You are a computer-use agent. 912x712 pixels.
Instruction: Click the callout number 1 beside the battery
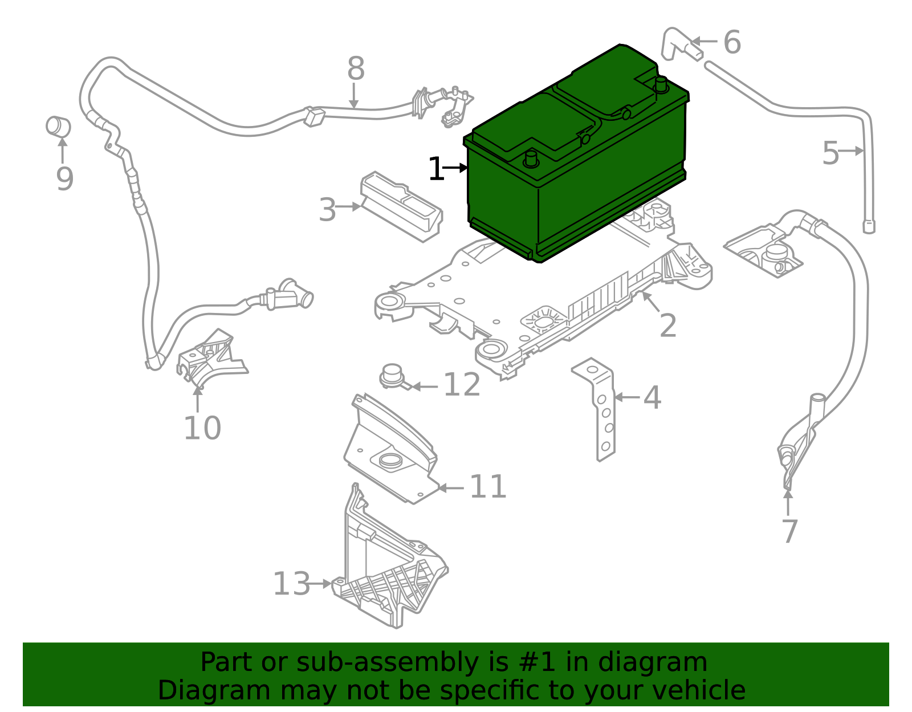436,169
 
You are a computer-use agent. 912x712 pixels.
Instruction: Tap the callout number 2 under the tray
667,326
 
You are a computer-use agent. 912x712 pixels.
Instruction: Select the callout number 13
291,584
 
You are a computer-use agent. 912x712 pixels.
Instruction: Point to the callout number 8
356,70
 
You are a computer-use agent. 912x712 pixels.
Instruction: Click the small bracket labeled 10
210,356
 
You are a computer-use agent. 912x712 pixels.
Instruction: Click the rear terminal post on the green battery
661,84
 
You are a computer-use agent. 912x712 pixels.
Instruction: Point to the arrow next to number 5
853,151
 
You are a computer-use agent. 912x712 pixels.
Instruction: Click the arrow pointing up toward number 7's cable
788,501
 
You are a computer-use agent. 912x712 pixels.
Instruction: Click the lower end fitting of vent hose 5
869,226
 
